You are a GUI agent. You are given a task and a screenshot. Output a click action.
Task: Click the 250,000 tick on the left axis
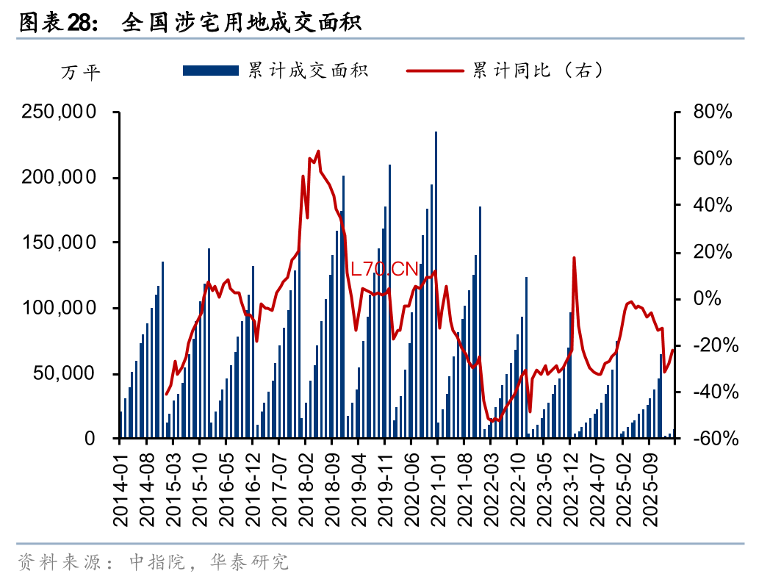pos(59,112)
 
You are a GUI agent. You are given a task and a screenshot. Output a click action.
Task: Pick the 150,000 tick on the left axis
pos(59,243)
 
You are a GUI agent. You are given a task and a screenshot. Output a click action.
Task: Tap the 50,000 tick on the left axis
pos(64,374)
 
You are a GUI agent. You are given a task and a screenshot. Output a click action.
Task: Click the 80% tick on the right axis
pos(712,112)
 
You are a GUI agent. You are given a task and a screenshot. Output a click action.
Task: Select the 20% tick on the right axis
pos(712,252)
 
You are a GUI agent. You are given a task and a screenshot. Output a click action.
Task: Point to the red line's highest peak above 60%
pos(318,151)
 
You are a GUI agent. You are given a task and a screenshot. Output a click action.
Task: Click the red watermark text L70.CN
pos(384,269)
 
